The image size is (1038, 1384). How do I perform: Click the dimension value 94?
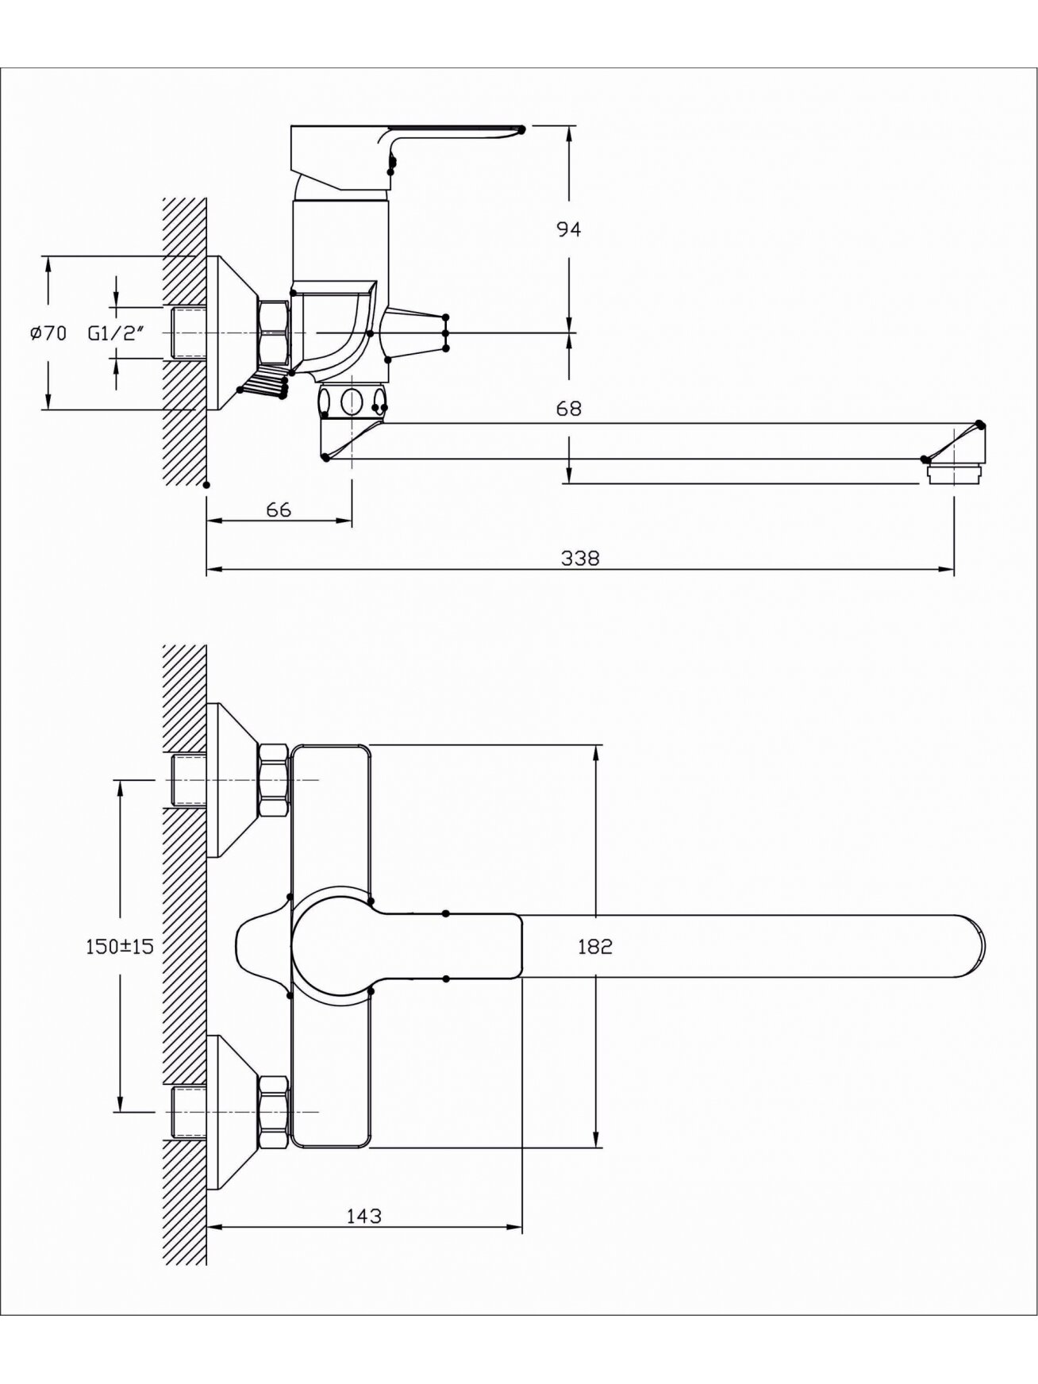tap(569, 229)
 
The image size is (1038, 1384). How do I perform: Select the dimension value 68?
tap(569, 409)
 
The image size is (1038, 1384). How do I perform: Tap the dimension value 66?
tap(279, 509)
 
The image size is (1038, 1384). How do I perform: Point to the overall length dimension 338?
tap(580, 559)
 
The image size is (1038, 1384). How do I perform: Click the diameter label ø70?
tap(48, 333)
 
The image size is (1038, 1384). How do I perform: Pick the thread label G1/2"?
tap(116, 333)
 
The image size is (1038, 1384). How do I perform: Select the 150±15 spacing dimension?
tap(119, 946)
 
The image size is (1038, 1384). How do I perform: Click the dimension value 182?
tap(595, 946)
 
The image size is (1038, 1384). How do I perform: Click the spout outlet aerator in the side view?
tap(955, 474)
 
